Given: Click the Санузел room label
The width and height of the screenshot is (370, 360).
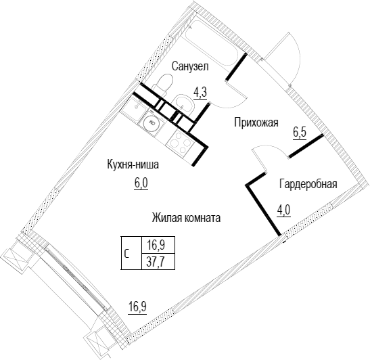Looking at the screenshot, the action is tap(190, 66).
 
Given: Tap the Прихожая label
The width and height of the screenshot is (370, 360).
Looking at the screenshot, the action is tap(256, 122).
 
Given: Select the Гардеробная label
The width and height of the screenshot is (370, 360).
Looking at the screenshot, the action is tap(308, 184).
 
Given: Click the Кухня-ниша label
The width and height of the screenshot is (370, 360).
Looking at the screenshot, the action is tap(133, 164).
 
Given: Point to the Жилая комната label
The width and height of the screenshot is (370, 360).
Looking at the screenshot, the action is tap(186, 218).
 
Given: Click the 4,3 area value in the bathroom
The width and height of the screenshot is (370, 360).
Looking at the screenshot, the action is tap(200, 93).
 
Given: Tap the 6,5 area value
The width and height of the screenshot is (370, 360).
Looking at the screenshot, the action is tap(300, 133).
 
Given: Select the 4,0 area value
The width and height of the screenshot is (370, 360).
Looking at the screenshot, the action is tap(284, 210).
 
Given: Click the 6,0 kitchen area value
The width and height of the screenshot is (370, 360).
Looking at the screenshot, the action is tap(141, 183).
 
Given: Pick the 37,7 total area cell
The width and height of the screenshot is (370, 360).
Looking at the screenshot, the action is tap(158, 262).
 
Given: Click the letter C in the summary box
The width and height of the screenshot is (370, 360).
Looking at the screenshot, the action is tap(126, 254).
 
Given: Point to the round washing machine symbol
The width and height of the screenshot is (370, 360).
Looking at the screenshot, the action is tap(152, 122).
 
